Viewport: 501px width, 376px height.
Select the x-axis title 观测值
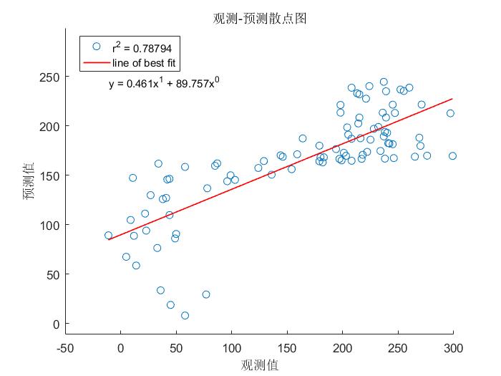[x=260, y=365]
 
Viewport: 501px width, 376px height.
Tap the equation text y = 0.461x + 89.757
[x=164, y=84]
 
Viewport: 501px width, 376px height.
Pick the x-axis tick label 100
[x=231, y=349]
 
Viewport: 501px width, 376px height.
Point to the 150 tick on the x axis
[x=286, y=349]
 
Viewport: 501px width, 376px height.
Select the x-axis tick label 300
[x=453, y=349]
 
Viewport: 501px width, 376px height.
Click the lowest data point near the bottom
[x=185, y=315]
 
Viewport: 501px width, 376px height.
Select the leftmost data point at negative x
[x=108, y=235]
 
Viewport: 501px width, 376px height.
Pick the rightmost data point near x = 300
[x=452, y=155]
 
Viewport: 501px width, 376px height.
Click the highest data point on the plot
[x=384, y=82]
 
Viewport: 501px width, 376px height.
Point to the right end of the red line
[x=452, y=99]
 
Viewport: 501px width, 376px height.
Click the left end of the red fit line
[x=109, y=239]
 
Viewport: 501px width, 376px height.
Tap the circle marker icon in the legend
[x=96, y=47]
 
